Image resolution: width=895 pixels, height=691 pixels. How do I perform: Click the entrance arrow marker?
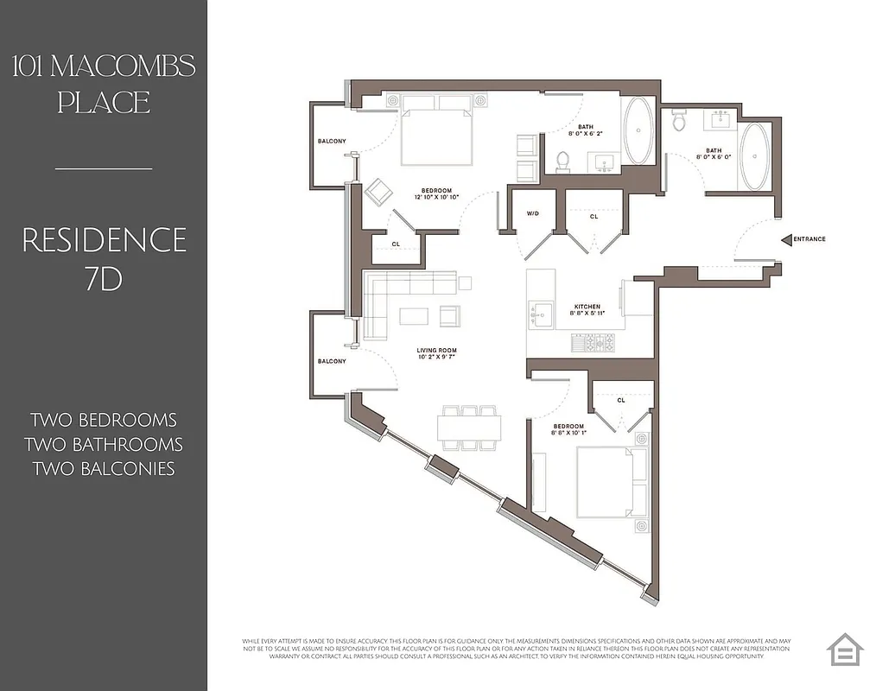[x=786, y=239]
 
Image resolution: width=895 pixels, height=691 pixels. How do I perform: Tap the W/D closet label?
[x=532, y=213]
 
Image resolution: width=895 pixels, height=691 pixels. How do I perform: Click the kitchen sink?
[x=542, y=314]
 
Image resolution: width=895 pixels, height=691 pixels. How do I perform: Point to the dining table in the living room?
[x=468, y=428]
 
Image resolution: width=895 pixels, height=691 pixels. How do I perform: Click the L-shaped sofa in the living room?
[x=389, y=298]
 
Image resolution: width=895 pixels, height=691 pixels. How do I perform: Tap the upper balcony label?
[x=332, y=142]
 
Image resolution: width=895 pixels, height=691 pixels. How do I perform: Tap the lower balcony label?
[x=332, y=361]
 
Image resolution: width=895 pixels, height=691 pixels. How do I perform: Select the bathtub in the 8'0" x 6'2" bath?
[x=639, y=132]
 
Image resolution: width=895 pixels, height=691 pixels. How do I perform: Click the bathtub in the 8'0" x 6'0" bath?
[x=754, y=157]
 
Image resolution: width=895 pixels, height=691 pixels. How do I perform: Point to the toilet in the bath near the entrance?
[x=679, y=121]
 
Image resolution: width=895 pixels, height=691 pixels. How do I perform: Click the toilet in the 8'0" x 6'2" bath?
[x=563, y=161]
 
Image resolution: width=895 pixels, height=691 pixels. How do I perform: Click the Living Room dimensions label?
[x=436, y=354]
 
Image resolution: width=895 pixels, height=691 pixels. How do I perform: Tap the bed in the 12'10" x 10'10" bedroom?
[x=438, y=131]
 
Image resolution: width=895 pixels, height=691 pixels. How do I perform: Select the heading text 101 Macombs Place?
[x=104, y=84]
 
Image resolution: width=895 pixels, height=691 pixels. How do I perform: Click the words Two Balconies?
[x=104, y=469]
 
